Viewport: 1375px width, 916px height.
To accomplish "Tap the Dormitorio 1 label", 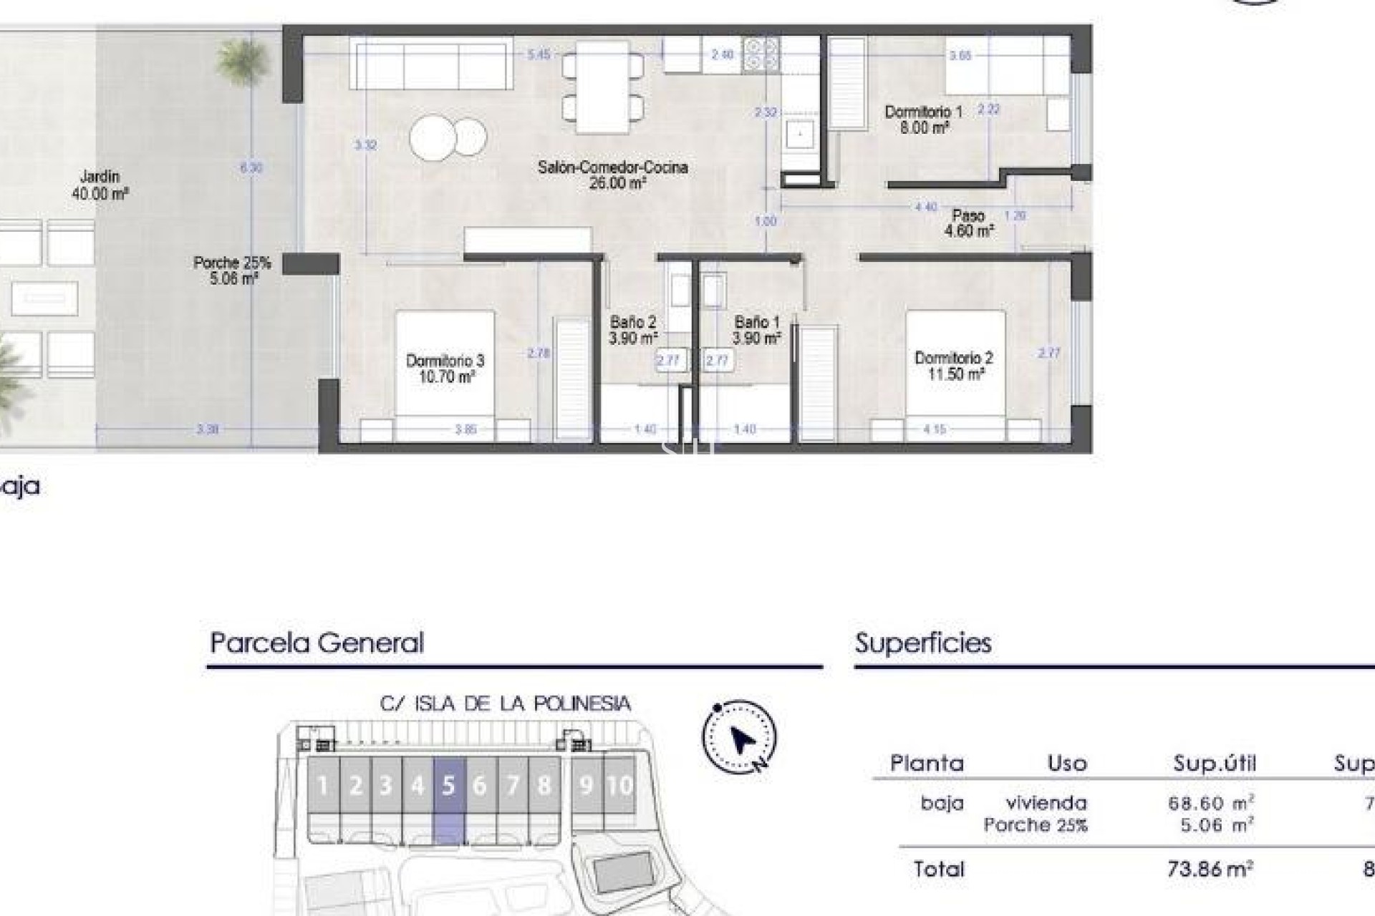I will click(x=924, y=120).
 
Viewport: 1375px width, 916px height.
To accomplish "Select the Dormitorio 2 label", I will click(x=954, y=366).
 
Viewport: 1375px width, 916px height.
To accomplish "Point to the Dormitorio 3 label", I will click(x=445, y=369).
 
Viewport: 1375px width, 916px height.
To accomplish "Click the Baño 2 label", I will click(x=633, y=330).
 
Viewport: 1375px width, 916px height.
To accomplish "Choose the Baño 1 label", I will click(x=756, y=330).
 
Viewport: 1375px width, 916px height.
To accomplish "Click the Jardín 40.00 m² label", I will click(x=100, y=185).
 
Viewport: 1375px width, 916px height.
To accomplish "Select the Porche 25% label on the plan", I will click(x=232, y=271).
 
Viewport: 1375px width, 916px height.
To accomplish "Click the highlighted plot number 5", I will click(x=449, y=786).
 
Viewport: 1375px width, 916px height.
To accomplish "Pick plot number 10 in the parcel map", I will click(x=619, y=786).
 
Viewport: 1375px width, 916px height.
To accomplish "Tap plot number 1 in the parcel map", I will click(x=323, y=786).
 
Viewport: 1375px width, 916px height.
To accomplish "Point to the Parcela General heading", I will click(x=317, y=643).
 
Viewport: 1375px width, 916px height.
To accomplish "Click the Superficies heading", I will click(x=923, y=643).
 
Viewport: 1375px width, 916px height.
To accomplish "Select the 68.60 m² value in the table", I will click(x=1210, y=803).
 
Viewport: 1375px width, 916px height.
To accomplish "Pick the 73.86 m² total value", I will click(x=1210, y=869).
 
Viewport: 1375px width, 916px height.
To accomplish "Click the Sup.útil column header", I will click(x=1215, y=764).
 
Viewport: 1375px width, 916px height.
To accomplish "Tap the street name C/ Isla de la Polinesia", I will click(x=505, y=703).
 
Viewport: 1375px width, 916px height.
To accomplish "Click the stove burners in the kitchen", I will click(x=761, y=54).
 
